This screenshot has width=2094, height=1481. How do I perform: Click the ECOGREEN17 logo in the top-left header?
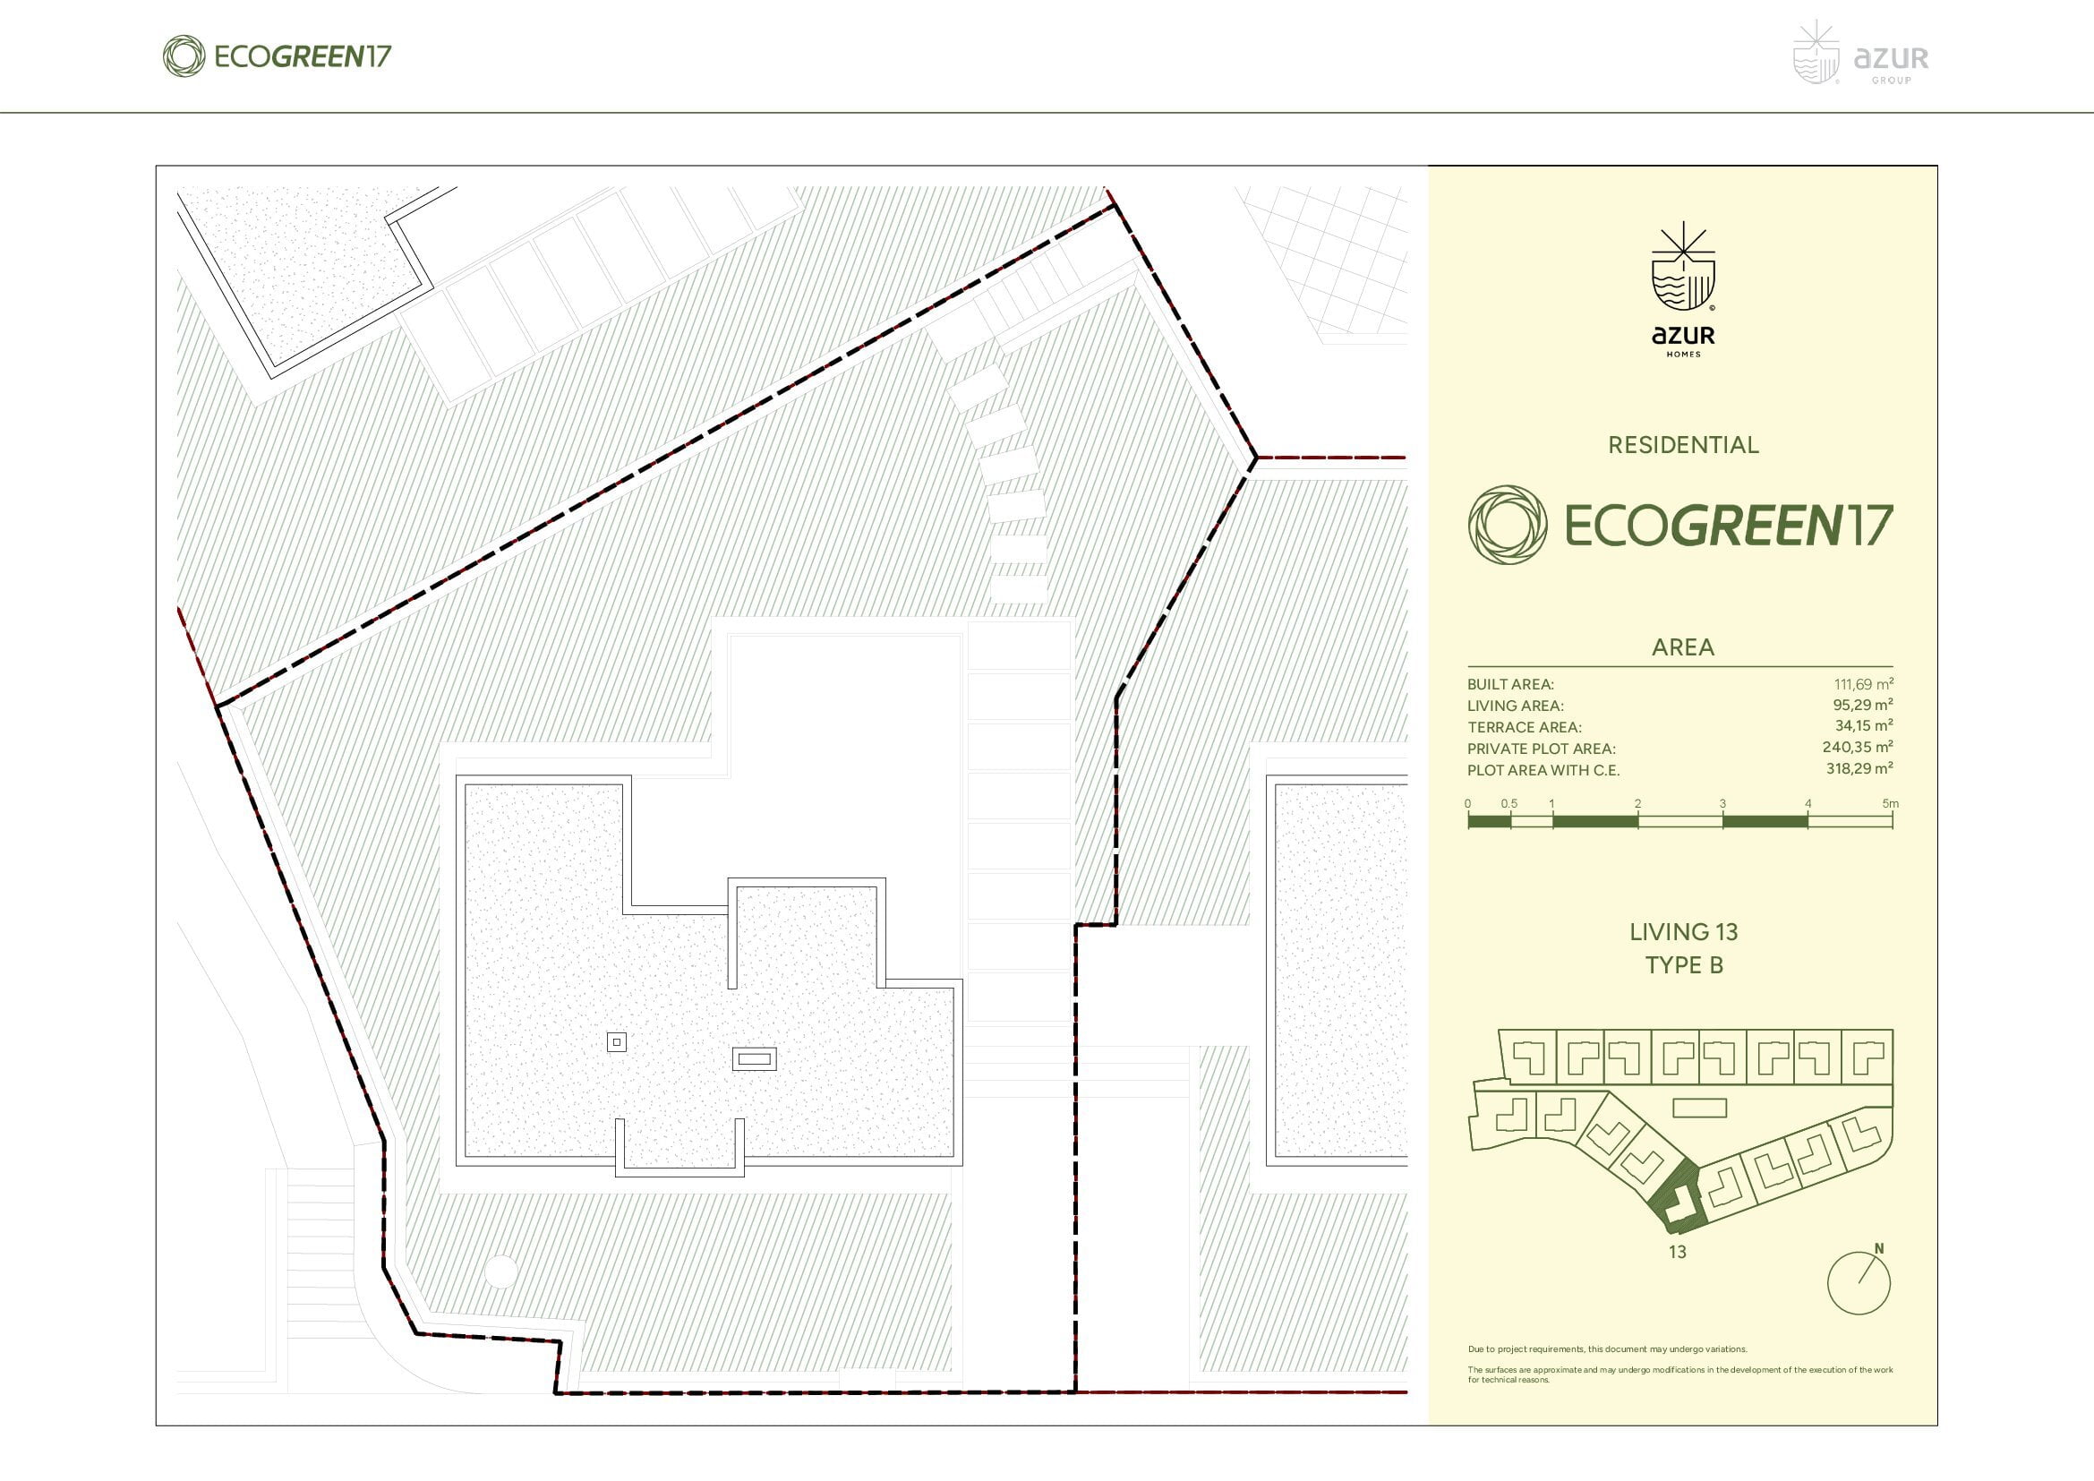pos(278,56)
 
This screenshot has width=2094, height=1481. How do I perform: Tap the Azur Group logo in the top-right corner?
pos(1860,54)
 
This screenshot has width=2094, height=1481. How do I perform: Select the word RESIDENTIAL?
pos(1684,445)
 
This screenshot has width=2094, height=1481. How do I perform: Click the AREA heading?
pos(1684,647)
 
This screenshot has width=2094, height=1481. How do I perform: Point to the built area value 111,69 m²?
pos(1863,683)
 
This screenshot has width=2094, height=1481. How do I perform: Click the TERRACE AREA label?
pos(1524,727)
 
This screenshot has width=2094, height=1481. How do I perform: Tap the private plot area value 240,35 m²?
pos(1858,747)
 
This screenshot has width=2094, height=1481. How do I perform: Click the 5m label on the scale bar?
pos(1890,803)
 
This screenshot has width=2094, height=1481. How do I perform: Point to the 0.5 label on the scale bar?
pos(1509,803)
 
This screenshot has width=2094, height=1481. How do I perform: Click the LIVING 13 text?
pos(1684,932)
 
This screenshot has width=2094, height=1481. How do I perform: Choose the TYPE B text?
pos(1684,965)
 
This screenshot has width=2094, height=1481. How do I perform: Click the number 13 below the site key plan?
pos(1677,1252)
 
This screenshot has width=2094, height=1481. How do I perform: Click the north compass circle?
pos(1858,1284)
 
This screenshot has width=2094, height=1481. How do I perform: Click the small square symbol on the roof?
pos(617,1041)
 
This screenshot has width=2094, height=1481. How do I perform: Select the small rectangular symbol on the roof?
pos(754,1057)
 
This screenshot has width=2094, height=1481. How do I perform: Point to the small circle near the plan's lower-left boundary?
pos(500,1271)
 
